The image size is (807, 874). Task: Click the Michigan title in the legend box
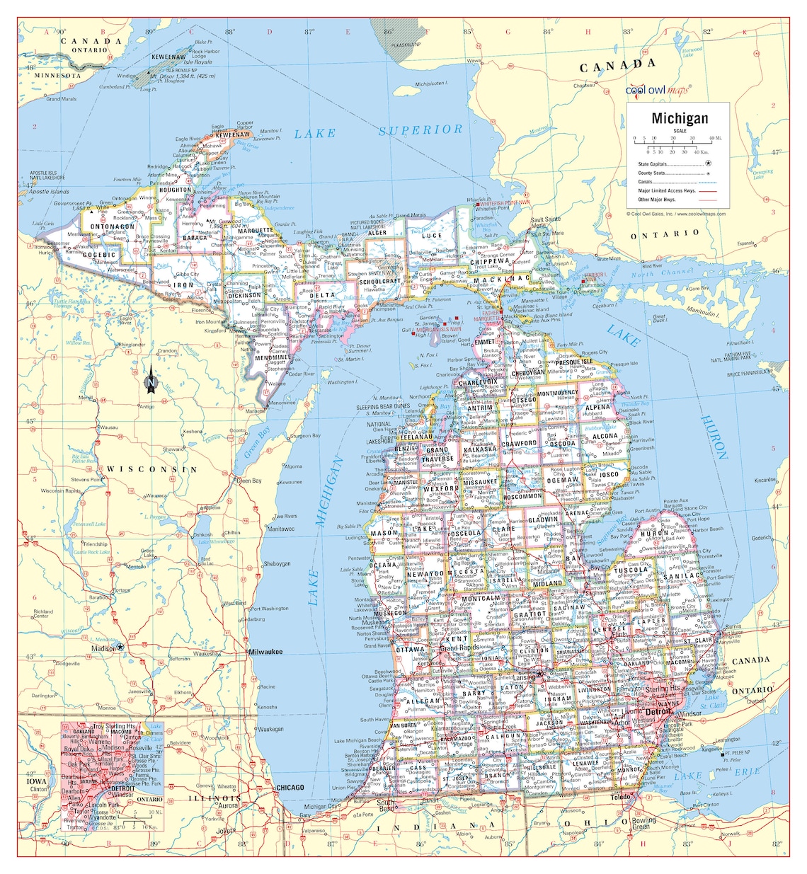[x=680, y=117]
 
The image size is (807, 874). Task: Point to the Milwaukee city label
[x=265, y=651]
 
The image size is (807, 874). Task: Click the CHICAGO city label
[x=290, y=787]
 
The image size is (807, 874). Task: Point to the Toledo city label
[x=621, y=797]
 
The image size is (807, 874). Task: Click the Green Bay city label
[x=248, y=481]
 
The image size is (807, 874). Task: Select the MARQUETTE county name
[x=256, y=231]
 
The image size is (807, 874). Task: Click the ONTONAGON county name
[x=113, y=227]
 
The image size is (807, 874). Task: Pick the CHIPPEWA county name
[x=489, y=261]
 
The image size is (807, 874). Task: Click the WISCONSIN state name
[x=151, y=469]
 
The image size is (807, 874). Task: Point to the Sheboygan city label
[x=277, y=564]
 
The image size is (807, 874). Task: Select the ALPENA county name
[x=597, y=408]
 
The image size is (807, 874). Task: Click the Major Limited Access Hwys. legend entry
[x=667, y=190]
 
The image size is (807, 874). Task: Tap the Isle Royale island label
[x=198, y=62]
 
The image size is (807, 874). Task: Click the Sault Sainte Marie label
[x=545, y=222]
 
